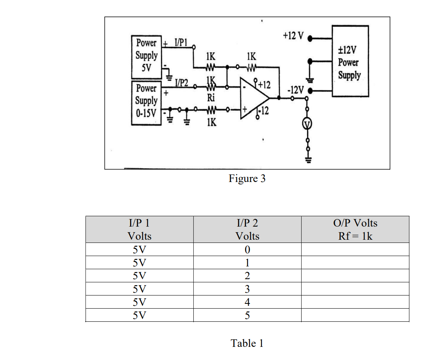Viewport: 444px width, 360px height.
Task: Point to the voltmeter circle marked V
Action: point(307,125)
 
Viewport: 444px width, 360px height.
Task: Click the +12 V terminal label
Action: point(293,36)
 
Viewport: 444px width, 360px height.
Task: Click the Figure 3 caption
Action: point(247,178)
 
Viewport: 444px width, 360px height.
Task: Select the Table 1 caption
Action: point(247,343)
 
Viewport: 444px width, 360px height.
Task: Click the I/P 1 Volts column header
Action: point(139,229)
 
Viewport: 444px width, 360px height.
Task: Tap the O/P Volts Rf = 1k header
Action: point(355,229)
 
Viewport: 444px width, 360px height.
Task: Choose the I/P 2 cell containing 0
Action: point(247,250)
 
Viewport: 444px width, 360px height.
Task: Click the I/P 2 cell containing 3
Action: point(247,289)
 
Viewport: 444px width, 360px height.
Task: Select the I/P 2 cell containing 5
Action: point(247,315)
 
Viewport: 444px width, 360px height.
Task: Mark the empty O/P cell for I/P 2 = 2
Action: point(355,276)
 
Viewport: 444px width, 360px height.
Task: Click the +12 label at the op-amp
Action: point(264,85)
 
